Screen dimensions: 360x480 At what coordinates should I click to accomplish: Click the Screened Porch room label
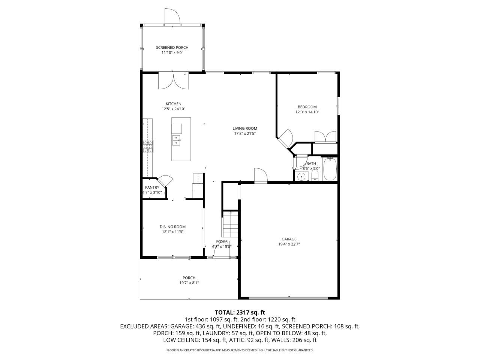(172, 48)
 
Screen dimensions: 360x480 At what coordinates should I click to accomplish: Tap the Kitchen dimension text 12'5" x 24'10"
(174, 109)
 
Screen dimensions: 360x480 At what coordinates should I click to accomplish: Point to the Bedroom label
(307, 107)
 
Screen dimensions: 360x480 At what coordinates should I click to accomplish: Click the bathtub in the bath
(330, 169)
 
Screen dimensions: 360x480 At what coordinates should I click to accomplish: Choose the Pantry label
(152, 187)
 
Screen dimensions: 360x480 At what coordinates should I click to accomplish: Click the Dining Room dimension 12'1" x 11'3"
(172, 232)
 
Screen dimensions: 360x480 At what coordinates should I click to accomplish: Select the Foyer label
(222, 241)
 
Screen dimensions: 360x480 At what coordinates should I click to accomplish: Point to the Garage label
(289, 239)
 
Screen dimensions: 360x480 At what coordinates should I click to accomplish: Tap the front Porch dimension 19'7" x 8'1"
(189, 283)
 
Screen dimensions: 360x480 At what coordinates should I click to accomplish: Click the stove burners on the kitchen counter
(148, 146)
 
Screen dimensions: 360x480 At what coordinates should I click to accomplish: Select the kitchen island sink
(176, 140)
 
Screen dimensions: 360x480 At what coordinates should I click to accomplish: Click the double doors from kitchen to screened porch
(173, 81)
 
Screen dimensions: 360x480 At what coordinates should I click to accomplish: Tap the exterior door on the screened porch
(172, 16)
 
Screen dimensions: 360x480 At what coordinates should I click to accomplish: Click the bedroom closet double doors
(325, 136)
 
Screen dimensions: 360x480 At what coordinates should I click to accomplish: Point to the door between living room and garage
(260, 175)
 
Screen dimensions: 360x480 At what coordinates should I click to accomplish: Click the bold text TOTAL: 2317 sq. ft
(240, 312)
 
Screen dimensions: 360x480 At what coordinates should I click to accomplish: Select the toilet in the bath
(315, 176)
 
